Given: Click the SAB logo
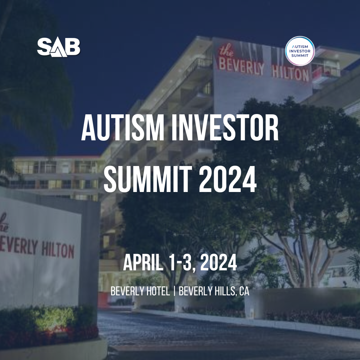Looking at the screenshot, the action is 59,47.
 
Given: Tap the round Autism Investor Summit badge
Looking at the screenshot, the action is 300,51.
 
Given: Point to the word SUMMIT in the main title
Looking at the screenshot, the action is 148,179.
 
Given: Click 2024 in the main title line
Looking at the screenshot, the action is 228,179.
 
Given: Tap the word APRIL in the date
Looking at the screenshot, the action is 143,263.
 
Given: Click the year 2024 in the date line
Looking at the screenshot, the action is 218,263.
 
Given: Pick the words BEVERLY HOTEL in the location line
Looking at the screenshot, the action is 140,291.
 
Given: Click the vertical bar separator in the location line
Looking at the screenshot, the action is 174,291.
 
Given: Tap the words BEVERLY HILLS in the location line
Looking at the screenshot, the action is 207,291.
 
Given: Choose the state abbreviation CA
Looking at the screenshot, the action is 244,291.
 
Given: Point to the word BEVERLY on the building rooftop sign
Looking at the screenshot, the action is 241,67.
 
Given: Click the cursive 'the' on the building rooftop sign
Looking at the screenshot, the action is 226,50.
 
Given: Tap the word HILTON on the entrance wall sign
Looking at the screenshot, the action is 58,250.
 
